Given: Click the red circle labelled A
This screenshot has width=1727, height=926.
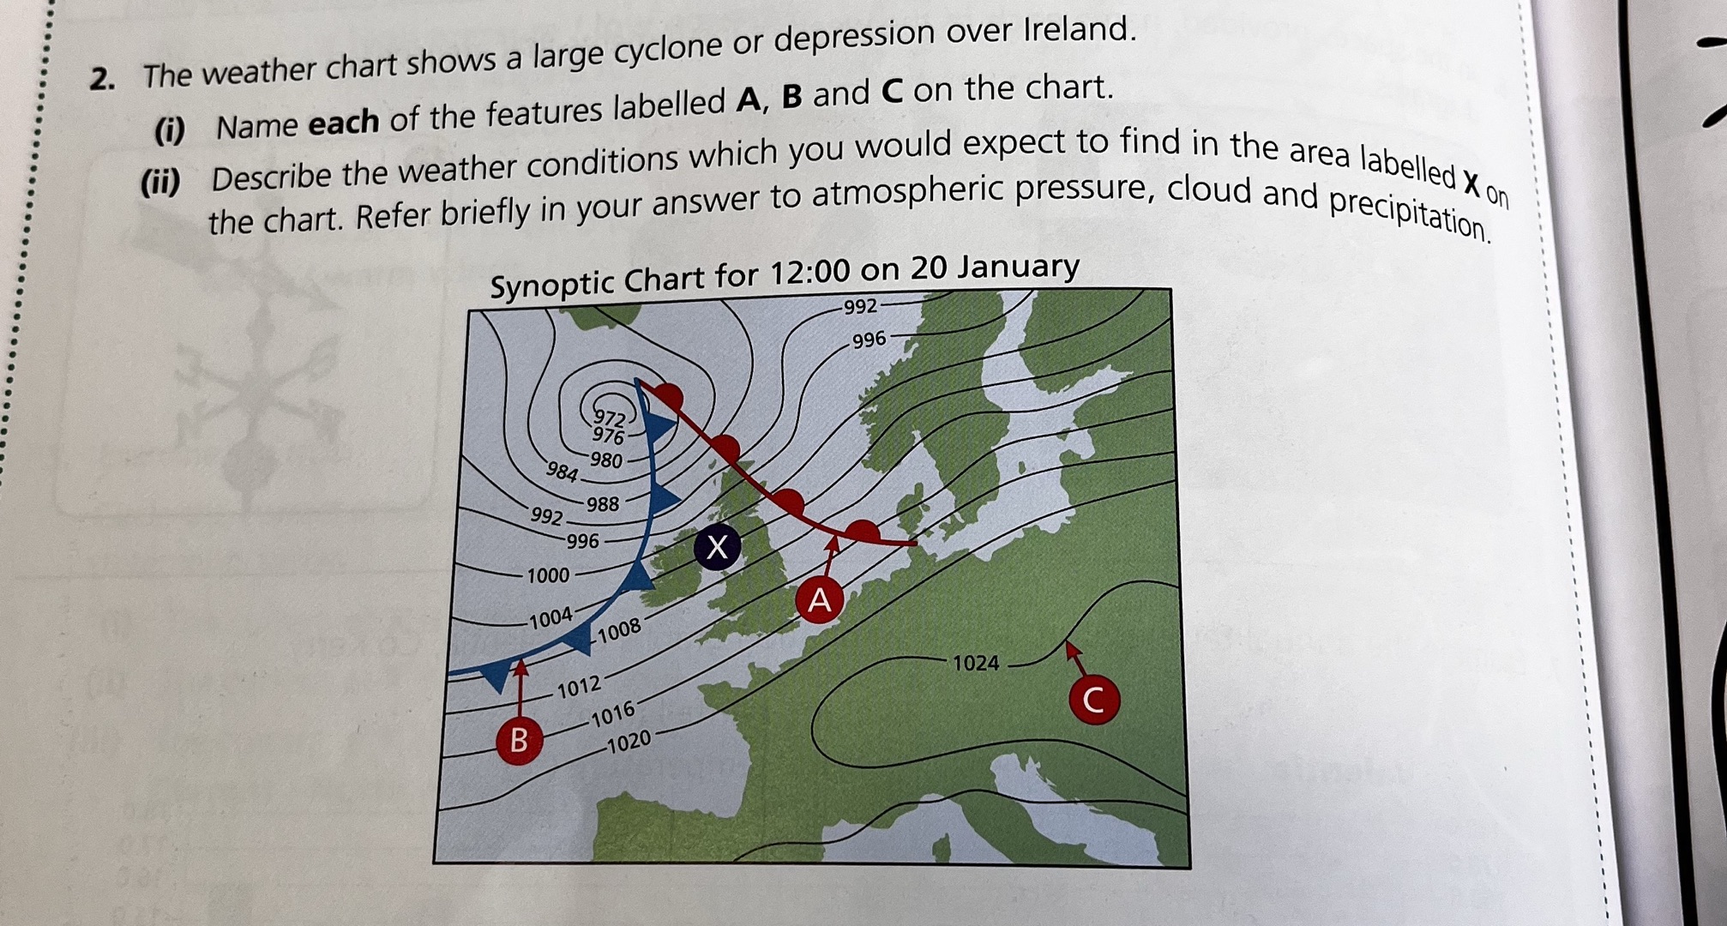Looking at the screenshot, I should [820, 600].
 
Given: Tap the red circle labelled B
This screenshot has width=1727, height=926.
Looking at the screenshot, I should [519, 739].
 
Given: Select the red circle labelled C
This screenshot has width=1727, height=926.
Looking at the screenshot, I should [1093, 700].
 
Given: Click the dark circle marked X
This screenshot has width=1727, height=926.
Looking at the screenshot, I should [717, 546].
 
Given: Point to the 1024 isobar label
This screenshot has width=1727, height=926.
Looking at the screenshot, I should [976, 663].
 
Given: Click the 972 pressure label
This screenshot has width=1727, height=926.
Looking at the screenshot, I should [610, 418].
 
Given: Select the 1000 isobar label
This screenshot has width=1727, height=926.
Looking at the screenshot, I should [548, 575].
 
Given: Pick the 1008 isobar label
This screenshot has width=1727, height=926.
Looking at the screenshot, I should [619, 631].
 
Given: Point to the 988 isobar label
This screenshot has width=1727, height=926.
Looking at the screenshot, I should [603, 504].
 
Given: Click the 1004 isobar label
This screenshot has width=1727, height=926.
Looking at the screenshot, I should [551, 618].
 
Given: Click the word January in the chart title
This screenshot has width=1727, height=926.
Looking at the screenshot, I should [1018, 267].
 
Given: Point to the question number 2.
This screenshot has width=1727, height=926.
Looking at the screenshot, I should [102, 80].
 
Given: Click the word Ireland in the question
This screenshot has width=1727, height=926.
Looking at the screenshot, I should [1080, 31].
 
